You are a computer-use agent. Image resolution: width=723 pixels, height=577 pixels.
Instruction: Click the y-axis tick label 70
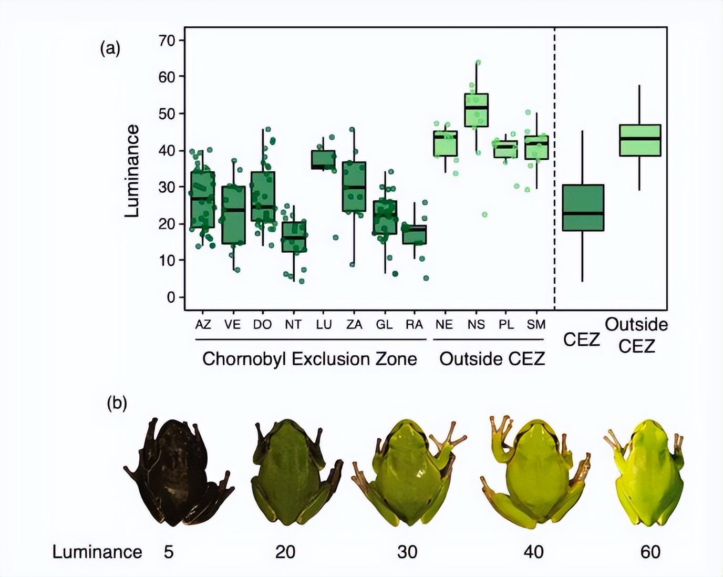[x=167, y=40]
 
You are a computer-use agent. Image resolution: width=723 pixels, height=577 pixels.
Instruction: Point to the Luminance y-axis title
[x=132, y=171]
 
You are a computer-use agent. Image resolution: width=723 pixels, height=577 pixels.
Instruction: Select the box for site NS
[x=476, y=110]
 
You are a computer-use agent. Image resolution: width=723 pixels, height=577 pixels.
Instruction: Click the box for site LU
[x=323, y=160]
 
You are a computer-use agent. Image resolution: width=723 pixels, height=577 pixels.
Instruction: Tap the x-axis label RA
[x=414, y=325]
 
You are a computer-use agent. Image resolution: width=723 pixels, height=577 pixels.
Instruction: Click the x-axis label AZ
[x=203, y=325]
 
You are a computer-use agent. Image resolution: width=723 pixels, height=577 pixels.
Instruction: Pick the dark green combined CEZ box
[x=583, y=208]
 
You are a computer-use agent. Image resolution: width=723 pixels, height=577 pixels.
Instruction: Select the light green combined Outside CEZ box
[x=639, y=140]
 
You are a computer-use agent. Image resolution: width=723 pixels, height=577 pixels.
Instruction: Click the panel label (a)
[x=110, y=49]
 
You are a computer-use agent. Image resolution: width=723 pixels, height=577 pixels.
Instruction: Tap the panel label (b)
[x=117, y=403]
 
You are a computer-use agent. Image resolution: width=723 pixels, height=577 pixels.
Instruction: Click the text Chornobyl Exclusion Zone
[x=309, y=359]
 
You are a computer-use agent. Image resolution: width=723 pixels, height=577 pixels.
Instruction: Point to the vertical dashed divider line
[x=554, y=168]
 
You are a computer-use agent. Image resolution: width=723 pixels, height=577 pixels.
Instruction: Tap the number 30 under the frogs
[x=407, y=552]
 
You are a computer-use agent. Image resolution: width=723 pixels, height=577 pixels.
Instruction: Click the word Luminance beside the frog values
[x=97, y=552]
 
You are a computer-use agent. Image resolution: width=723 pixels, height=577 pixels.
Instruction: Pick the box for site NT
[x=294, y=236]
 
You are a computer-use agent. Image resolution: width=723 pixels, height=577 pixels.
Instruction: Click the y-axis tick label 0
[x=171, y=297]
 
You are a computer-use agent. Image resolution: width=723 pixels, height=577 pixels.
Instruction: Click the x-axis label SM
[x=536, y=325]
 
